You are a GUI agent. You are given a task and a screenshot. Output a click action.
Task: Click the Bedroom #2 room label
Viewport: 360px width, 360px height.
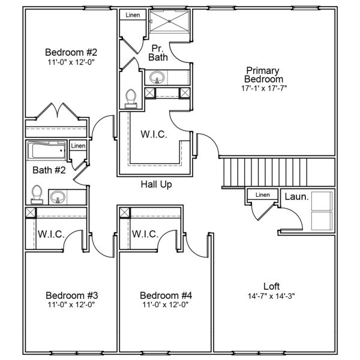[71, 51]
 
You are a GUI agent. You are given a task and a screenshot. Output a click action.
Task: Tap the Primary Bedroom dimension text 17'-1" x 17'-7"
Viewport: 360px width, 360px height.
[263, 88]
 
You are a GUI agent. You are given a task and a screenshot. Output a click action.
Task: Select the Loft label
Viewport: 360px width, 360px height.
[271, 286]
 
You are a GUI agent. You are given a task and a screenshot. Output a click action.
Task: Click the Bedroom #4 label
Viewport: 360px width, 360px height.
[166, 295]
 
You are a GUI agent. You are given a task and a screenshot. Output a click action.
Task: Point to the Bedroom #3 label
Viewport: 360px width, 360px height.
[71, 295]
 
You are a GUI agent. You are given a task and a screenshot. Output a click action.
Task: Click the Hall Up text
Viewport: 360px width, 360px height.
[157, 185]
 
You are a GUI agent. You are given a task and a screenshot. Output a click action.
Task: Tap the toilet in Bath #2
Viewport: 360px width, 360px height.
[37, 194]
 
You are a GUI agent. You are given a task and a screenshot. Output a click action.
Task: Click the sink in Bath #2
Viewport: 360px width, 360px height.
[58, 196]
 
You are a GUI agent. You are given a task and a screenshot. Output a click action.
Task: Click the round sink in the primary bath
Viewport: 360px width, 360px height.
[157, 77]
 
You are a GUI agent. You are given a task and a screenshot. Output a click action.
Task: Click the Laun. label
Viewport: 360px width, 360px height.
[296, 196]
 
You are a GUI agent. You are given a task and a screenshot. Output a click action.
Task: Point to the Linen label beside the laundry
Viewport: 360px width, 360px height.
[262, 194]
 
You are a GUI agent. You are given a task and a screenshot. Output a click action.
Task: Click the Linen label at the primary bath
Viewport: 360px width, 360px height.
[133, 14]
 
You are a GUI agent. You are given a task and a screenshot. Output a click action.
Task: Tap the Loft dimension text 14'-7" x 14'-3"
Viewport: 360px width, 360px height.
[271, 296]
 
